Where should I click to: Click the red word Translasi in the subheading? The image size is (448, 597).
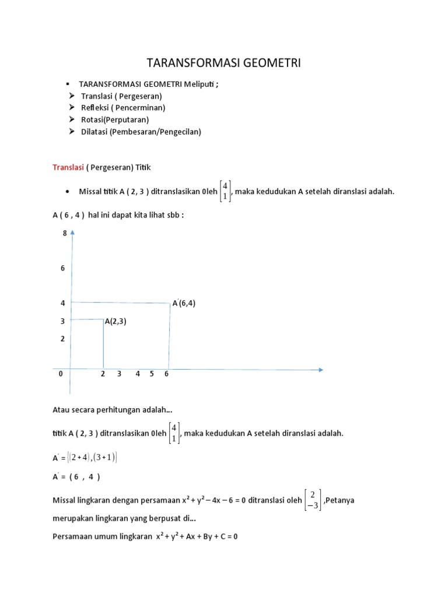pos(68,167)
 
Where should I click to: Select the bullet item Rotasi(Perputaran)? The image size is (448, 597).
pos(115,120)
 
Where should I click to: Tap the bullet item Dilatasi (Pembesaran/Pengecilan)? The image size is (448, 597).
pos(141,132)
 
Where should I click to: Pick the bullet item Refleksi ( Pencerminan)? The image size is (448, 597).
pos(123,107)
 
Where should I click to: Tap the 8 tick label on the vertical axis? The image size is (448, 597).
pos(65,234)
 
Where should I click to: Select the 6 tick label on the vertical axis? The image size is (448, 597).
pos(63,268)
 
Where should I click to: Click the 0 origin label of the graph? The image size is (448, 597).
pos(61,374)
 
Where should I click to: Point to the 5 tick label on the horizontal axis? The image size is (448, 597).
pos(152,374)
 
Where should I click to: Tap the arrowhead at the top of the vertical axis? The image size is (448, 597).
pos(72,232)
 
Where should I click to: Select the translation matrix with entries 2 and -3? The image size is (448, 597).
pos(313,500)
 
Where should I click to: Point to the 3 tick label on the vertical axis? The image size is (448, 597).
pos(62,321)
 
